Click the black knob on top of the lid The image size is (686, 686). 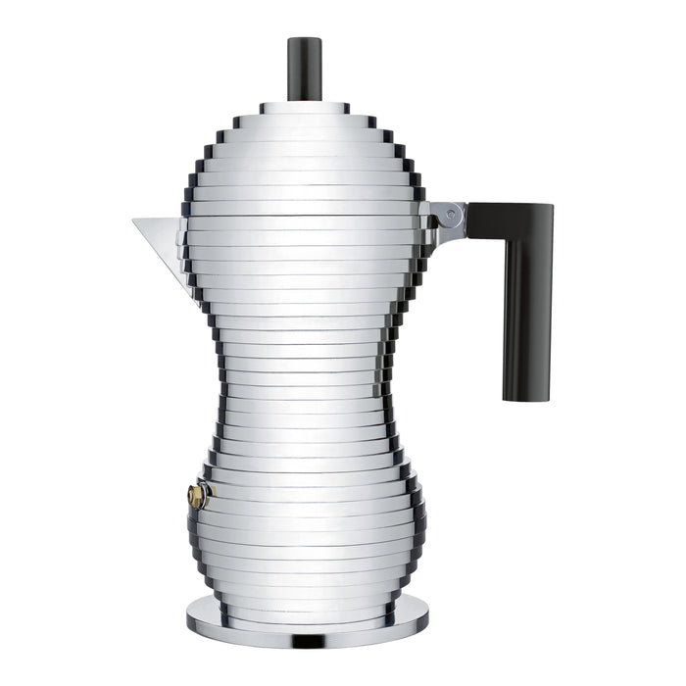pyautogui.click(x=304, y=69)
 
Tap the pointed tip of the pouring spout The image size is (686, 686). pyautogui.click(x=134, y=220)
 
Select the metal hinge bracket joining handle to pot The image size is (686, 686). pyautogui.click(x=444, y=220)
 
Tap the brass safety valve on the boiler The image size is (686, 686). pyautogui.click(x=198, y=496)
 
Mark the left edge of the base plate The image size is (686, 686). pyautogui.click(x=187, y=615)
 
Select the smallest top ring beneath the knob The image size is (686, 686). pyautogui.click(x=304, y=108)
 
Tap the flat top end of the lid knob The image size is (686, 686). pyautogui.click(x=304, y=40)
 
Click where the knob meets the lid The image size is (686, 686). pyautogui.click(x=304, y=100)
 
